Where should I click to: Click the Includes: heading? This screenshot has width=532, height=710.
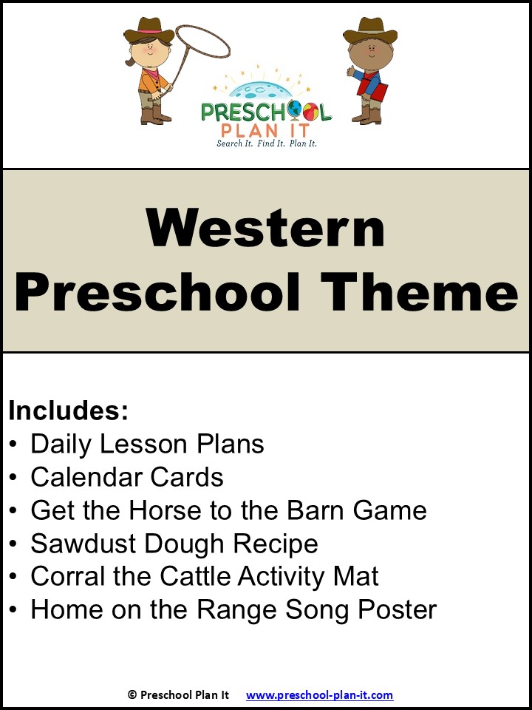(x=69, y=410)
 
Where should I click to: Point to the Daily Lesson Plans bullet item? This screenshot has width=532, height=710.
(x=146, y=444)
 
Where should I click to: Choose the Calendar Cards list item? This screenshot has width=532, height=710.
(x=126, y=477)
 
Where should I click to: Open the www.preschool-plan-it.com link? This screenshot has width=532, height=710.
(x=319, y=694)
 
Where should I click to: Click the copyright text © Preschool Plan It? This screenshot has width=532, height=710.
(x=180, y=694)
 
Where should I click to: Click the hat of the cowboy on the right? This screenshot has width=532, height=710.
(x=370, y=31)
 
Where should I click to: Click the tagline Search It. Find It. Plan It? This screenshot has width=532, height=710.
(x=266, y=143)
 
